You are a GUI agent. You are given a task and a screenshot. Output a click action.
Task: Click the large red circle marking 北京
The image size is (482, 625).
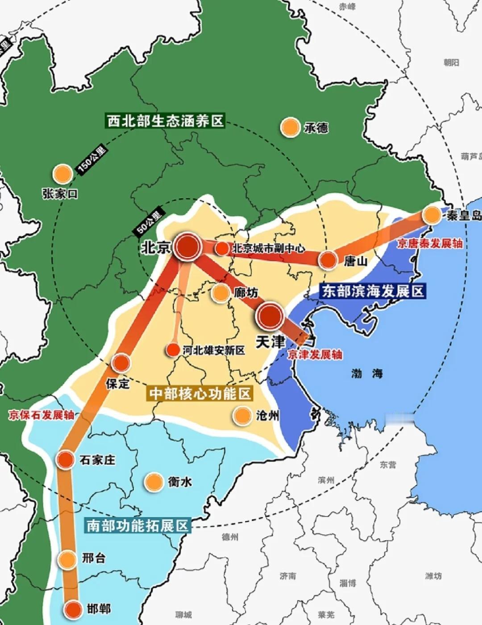187,246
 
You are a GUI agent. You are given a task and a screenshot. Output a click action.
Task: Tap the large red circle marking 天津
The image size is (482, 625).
270,316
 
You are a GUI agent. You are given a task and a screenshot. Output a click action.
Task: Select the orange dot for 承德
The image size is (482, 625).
290,128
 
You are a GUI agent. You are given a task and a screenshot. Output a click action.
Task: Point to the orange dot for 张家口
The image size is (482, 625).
63,174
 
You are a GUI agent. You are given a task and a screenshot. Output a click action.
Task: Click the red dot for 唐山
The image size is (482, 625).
328,259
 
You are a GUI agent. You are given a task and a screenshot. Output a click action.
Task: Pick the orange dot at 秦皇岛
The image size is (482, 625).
432,215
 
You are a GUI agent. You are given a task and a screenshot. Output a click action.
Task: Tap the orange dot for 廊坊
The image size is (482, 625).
220,293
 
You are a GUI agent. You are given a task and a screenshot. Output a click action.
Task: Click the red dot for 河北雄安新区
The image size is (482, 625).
173,350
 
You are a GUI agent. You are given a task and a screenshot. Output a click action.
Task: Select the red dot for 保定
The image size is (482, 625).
120,363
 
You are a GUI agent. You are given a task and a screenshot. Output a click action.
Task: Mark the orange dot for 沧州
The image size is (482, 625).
242,416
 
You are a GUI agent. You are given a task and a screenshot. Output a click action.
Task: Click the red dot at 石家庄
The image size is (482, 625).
66,459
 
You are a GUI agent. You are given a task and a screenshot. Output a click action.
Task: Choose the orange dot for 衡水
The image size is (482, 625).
154,482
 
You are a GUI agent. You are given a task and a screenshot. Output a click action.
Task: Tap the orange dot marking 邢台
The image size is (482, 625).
67,559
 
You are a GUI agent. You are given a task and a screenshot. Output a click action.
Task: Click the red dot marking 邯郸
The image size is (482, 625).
73,609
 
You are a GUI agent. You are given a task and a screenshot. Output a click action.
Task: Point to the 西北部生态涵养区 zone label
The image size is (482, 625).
165,121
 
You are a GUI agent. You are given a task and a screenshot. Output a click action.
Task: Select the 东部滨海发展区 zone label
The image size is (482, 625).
373,291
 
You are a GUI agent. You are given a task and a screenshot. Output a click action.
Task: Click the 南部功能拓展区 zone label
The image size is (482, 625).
137,525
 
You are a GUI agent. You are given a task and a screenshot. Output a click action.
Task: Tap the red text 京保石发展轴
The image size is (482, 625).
41,415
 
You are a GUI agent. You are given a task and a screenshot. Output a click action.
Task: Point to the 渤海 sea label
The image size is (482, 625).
367,373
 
